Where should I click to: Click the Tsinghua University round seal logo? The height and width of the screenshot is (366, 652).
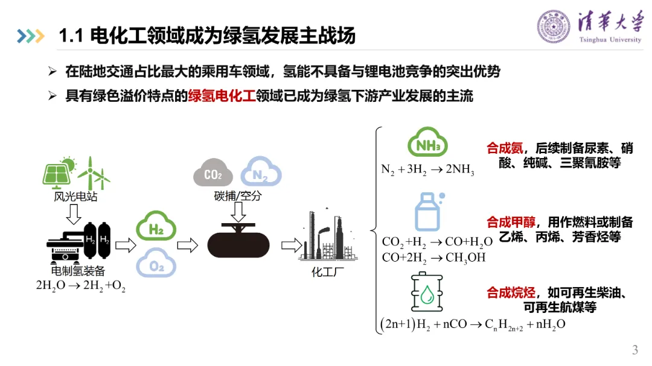(x=554, y=27)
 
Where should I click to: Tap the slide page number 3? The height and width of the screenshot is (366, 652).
(x=634, y=350)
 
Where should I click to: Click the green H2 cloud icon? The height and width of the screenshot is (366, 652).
(x=156, y=228)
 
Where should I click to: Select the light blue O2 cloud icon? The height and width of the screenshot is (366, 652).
(x=156, y=266)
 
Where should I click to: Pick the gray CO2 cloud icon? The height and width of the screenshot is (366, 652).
(x=213, y=174)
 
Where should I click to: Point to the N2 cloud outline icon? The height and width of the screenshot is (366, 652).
(x=261, y=174)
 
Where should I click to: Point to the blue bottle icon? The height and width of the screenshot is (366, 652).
(x=427, y=211)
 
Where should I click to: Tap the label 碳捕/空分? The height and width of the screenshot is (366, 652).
(x=237, y=197)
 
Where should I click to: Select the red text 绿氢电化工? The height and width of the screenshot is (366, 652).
(x=222, y=96)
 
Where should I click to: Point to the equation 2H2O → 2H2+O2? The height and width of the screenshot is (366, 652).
(x=81, y=286)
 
